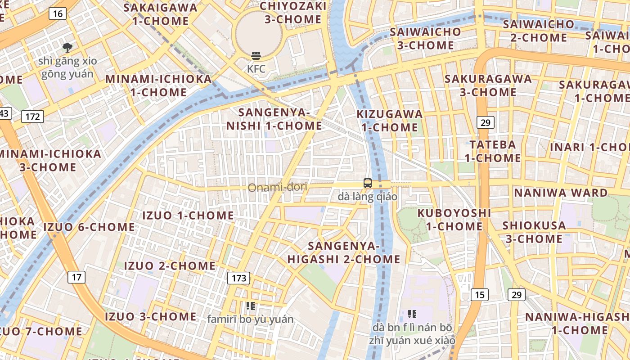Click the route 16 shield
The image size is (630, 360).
click(58, 13)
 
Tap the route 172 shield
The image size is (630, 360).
click(33, 117)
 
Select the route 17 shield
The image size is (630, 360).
click(76, 277)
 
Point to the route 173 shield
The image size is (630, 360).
click(238, 278)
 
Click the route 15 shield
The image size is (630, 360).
click(480, 295)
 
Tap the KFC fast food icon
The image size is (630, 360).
click(256, 56)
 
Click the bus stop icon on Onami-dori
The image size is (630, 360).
click(368, 183)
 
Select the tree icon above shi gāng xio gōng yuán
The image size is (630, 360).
click(67, 47)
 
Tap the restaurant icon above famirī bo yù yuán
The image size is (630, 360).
click(251, 306)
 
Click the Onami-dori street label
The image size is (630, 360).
click(278, 187)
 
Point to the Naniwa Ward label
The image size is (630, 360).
click(561, 193)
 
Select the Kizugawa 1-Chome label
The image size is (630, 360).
click(390, 121)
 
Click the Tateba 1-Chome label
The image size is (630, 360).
click(493, 151)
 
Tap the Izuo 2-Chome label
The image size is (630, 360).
click(170, 266)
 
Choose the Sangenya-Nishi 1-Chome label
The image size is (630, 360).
click(274, 119)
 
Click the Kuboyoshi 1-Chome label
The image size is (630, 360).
click(454, 219)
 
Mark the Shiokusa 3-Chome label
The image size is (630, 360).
click(534, 232)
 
